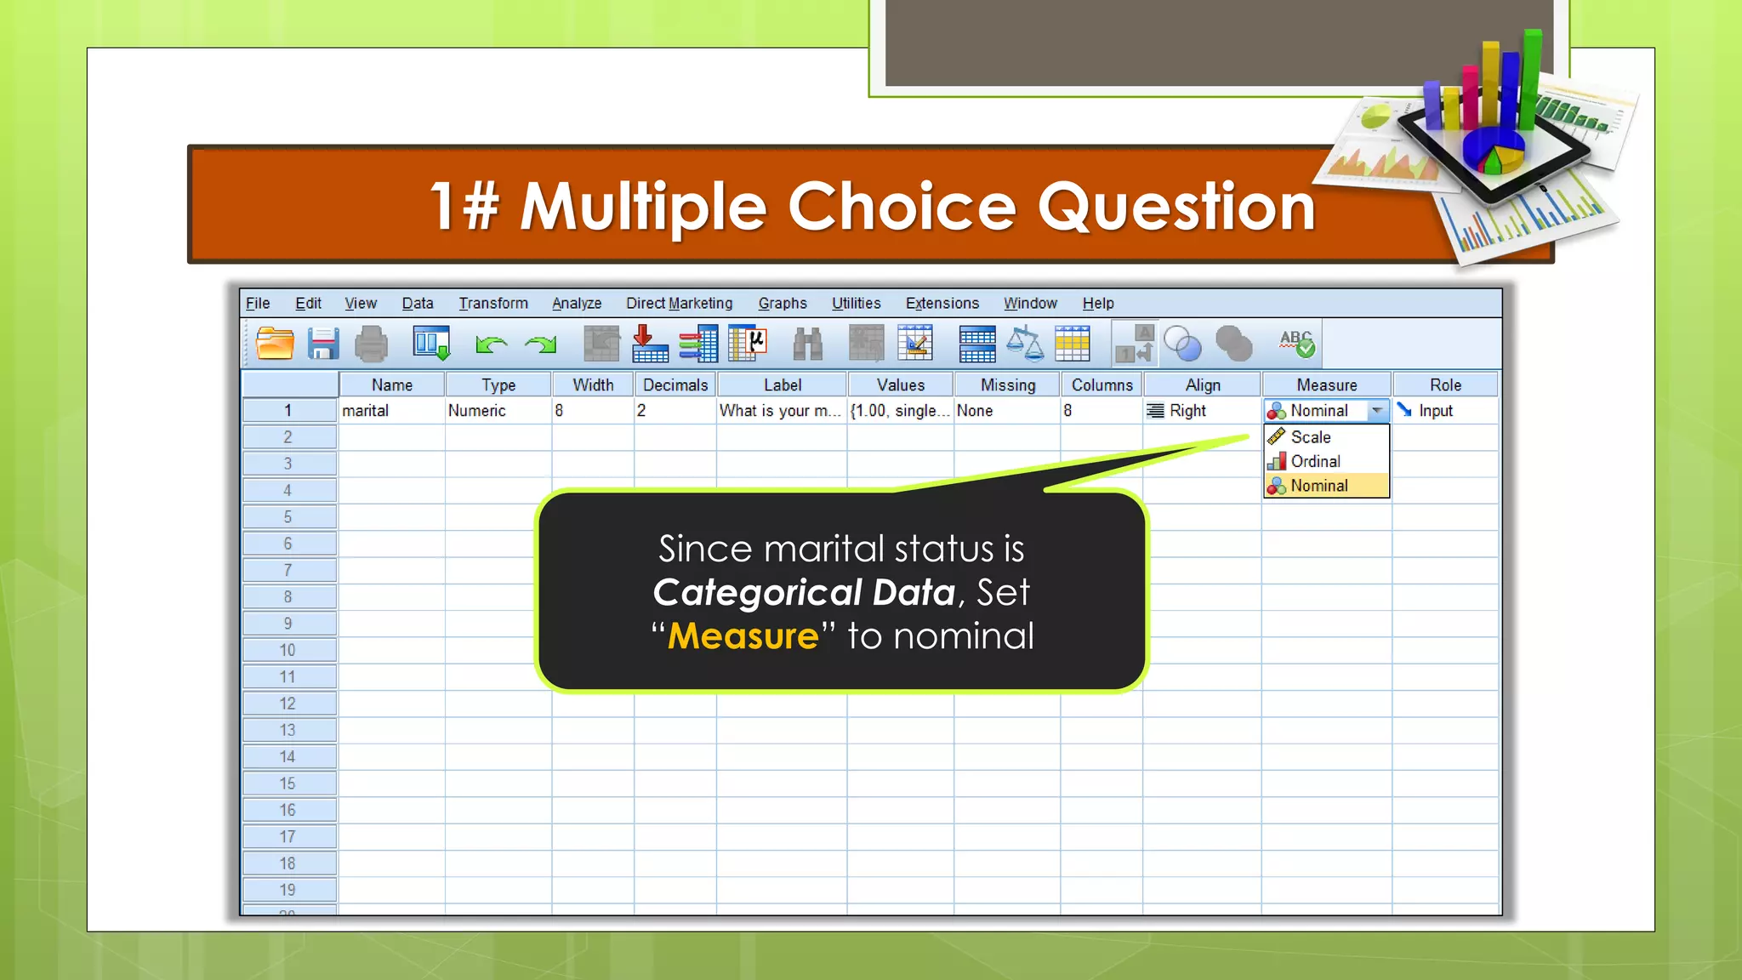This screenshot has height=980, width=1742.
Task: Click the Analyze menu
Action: point(576,304)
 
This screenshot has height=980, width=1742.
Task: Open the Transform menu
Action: point(493,304)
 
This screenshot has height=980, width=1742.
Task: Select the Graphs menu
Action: point(783,304)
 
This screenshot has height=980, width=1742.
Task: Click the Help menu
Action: point(1097,304)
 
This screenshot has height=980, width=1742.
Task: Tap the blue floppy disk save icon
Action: point(323,345)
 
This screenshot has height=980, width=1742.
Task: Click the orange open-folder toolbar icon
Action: point(275,345)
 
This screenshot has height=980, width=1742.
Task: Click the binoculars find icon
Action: point(807,345)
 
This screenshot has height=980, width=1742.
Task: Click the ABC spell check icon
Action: point(1296,343)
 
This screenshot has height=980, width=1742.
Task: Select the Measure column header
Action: point(1326,385)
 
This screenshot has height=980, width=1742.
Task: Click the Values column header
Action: point(900,385)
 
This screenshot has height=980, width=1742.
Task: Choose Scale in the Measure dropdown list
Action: point(1311,437)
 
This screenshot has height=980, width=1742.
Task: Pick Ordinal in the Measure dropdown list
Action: point(1315,462)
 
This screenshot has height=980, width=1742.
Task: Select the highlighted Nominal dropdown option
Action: point(1319,486)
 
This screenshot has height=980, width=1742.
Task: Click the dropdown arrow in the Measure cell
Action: point(1377,411)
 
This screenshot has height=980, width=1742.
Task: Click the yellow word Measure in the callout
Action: point(743,636)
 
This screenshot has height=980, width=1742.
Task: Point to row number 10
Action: point(287,651)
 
